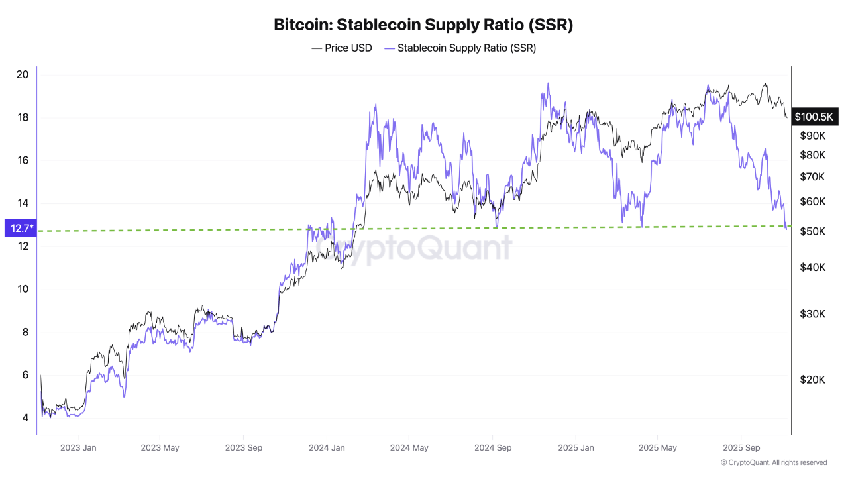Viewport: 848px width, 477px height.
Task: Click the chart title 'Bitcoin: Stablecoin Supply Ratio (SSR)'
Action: (x=423, y=25)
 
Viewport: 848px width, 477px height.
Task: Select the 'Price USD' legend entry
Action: (x=342, y=48)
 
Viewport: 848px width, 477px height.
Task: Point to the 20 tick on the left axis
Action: (x=22, y=74)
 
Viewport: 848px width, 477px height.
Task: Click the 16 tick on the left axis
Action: (x=22, y=160)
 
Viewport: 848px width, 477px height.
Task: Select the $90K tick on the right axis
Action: (x=813, y=136)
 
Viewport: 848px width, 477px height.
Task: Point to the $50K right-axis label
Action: (x=813, y=231)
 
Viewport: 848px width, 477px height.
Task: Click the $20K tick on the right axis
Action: (x=813, y=380)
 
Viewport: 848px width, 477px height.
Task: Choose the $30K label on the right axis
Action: (x=813, y=313)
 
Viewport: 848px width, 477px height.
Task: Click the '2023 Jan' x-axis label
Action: (x=78, y=448)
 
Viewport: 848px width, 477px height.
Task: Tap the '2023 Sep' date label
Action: (x=243, y=448)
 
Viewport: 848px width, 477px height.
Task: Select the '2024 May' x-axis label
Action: (x=409, y=448)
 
